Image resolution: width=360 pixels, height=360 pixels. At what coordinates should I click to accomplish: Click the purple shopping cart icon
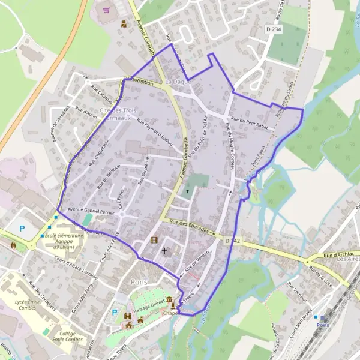pyautogui.click(x=106, y=10)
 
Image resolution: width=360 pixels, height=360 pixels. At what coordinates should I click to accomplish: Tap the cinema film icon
pyautogui.click(x=154, y=240)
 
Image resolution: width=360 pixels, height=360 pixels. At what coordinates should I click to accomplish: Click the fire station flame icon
pyautogui.click(x=14, y=245)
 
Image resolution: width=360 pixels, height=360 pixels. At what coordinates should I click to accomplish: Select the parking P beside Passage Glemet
pyautogui.click(x=115, y=312)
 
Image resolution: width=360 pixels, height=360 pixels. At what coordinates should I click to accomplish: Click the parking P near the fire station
pyautogui.click(x=23, y=228)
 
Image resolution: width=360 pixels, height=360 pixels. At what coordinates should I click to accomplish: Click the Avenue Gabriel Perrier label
pyautogui.click(x=90, y=211)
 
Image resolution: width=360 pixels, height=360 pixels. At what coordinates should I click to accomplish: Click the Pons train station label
pyautogui.click(x=322, y=324)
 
